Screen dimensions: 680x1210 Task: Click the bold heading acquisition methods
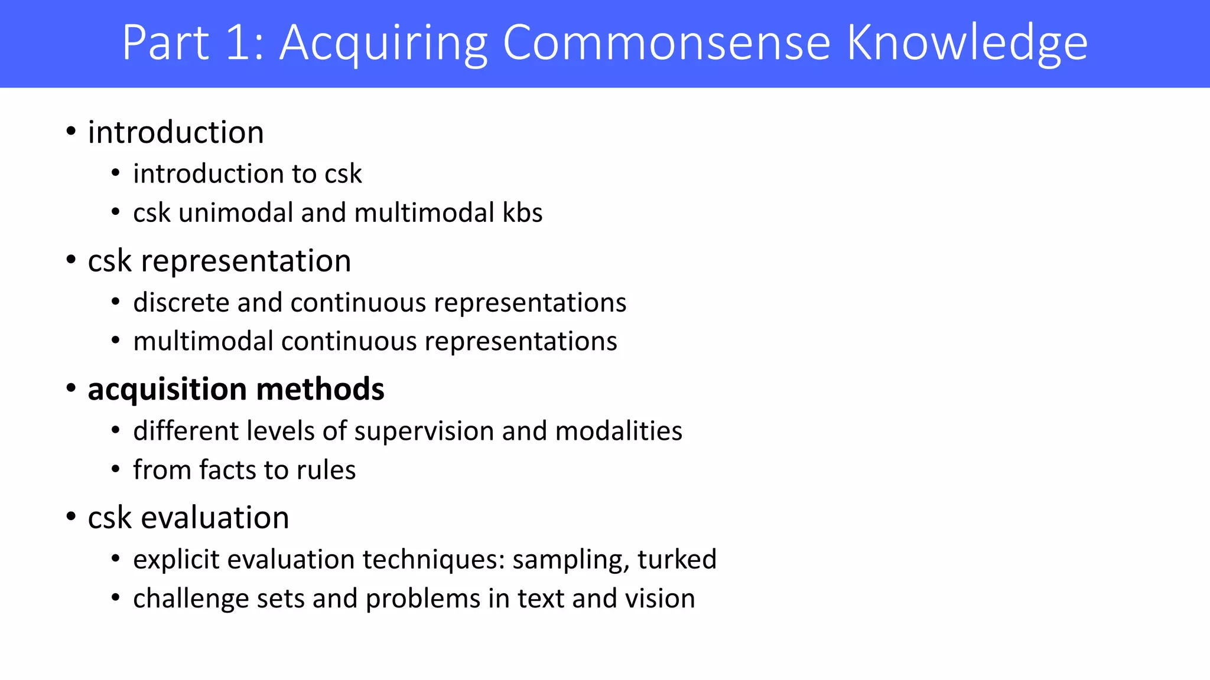pyautogui.click(x=236, y=390)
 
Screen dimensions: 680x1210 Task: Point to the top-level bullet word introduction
pyautogui.click(x=175, y=132)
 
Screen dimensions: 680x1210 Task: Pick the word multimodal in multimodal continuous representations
pyautogui.click(x=203, y=342)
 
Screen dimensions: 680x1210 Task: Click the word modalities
pyautogui.click(x=619, y=431)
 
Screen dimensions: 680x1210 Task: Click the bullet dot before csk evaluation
pyautogui.click(x=71, y=517)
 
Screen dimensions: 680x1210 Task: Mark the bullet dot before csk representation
pyautogui.click(x=71, y=260)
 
